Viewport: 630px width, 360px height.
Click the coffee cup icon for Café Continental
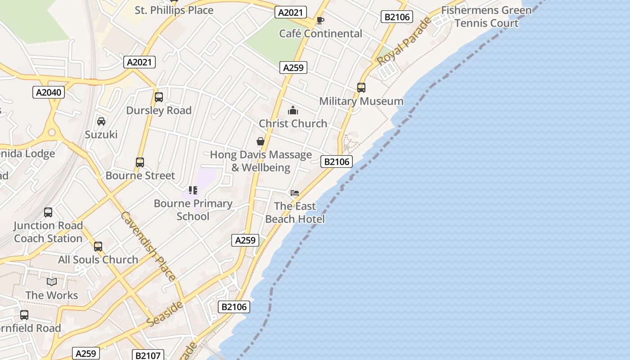click(x=320, y=20)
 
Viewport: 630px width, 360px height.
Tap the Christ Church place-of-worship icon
click(x=293, y=110)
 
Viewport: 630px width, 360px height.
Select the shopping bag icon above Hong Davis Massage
click(x=260, y=142)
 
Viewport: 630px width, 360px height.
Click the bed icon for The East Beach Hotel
click(x=295, y=193)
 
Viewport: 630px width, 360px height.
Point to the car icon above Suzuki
click(x=101, y=121)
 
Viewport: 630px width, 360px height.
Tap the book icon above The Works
click(x=52, y=282)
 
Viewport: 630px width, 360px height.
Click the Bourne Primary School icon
click(x=193, y=190)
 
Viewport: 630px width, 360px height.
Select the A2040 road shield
click(x=49, y=93)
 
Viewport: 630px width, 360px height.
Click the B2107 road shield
click(x=148, y=355)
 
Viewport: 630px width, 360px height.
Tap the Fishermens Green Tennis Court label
click(x=486, y=17)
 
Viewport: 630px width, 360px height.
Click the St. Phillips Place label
click(x=174, y=10)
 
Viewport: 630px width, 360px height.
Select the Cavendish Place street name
click(x=148, y=246)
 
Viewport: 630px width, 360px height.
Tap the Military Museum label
click(x=361, y=101)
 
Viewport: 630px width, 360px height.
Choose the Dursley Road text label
click(x=159, y=110)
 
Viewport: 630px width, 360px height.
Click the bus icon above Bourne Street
click(x=140, y=162)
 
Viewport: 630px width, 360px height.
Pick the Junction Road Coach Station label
click(x=48, y=232)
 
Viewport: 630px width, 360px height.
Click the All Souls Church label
click(x=98, y=260)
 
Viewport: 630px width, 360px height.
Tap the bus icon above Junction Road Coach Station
click(x=48, y=212)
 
